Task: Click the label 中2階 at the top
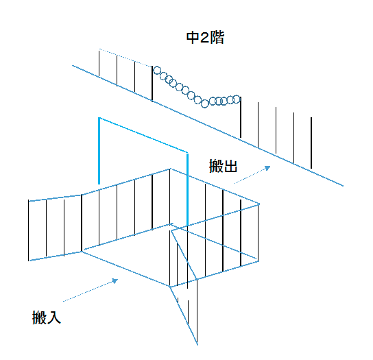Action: click(205, 38)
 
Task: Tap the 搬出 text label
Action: click(223, 166)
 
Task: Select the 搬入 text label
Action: click(47, 317)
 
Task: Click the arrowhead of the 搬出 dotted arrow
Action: click(268, 168)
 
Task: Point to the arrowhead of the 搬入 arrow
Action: click(115, 281)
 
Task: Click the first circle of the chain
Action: click(157, 70)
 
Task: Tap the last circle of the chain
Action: click(237, 99)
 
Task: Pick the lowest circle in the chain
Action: click(204, 104)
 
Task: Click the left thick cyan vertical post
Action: click(99, 151)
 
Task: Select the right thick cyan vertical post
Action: click(187, 190)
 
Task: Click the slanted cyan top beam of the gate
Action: click(143, 135)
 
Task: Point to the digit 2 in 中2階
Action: click(205, 38)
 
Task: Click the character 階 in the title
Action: click(217, 38)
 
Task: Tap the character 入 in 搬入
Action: click(53, 317)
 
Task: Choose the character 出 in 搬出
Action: click(230, 166)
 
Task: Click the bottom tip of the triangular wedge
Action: click(197, 344)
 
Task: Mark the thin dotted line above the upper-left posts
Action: click(125, 58)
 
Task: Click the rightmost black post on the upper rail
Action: click(311, 143)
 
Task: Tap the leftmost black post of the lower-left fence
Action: click(29, 230)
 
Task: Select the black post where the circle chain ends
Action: click(241, 117)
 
